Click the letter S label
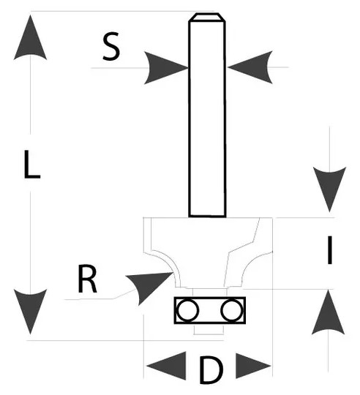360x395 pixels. point(111,46)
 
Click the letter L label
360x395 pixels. point(32,165)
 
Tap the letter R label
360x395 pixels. point(87,279)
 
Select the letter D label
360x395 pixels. point(211,369)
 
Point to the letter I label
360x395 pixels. point(329,250)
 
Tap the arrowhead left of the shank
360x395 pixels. point(166,67)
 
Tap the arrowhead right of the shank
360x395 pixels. point(250,67)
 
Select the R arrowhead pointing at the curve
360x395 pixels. point(149,286)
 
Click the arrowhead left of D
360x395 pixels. point(166,366)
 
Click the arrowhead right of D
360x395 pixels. point(253,366)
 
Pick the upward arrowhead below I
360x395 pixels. point(329,312)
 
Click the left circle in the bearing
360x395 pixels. point(187,310)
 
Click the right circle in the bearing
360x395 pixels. point(232,310)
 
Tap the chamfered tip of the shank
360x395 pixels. point(207,18)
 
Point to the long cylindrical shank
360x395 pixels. point(207,115)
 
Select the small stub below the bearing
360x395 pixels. point(209,329)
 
